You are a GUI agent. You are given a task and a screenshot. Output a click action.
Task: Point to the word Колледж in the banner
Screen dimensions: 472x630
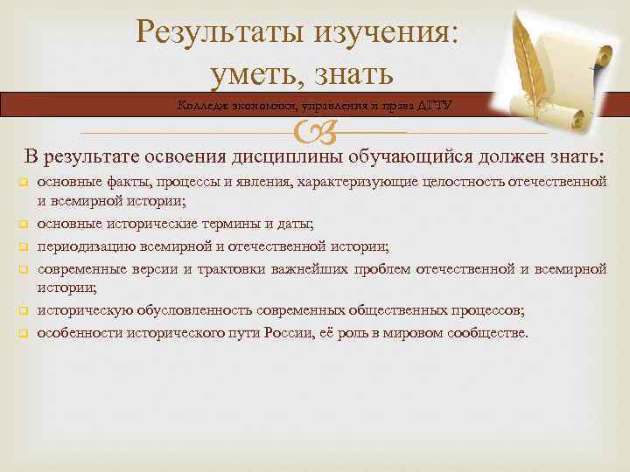202,106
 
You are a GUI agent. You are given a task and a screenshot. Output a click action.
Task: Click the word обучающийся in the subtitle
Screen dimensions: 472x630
402,156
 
